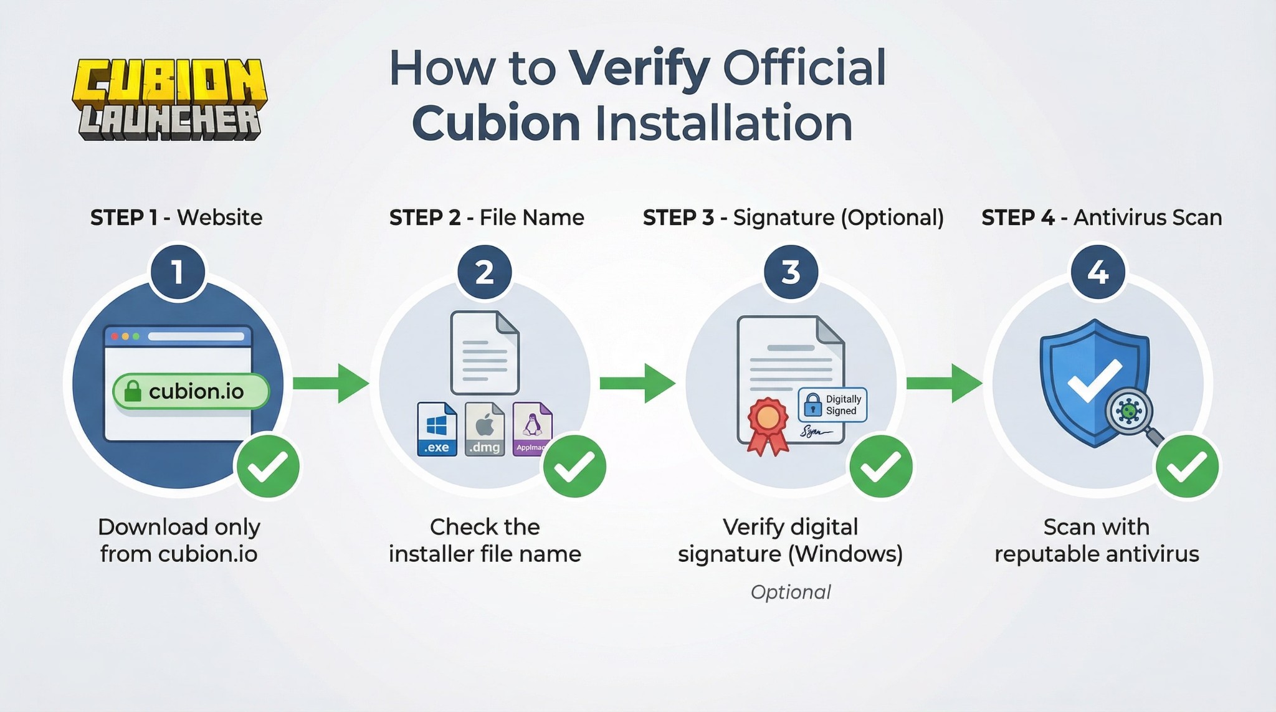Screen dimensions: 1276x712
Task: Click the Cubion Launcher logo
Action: click(169, 100)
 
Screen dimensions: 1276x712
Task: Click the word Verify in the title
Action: click(639, 69)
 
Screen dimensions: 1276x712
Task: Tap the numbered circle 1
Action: click(178, 273)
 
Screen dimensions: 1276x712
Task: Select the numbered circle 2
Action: click(484, 273)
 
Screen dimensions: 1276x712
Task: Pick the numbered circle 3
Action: click(791, 273)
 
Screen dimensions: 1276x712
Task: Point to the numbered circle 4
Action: click(1097, 273)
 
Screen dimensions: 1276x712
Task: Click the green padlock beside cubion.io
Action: click(133, 392)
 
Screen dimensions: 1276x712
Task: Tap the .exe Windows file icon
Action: click(437, 429)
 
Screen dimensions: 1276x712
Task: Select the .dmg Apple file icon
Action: click(485, 429)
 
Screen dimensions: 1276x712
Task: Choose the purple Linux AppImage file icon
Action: click(531, 429)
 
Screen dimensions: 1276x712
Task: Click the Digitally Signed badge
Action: click(832, 405)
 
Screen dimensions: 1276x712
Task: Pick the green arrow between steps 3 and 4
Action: click(943, 383)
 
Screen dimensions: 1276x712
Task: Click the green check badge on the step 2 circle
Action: click(574, 467)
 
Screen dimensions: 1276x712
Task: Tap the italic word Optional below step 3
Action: click(791, 592)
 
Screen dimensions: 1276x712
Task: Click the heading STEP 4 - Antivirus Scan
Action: click(1102, 217)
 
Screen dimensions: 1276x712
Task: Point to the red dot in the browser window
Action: click(115, 336)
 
